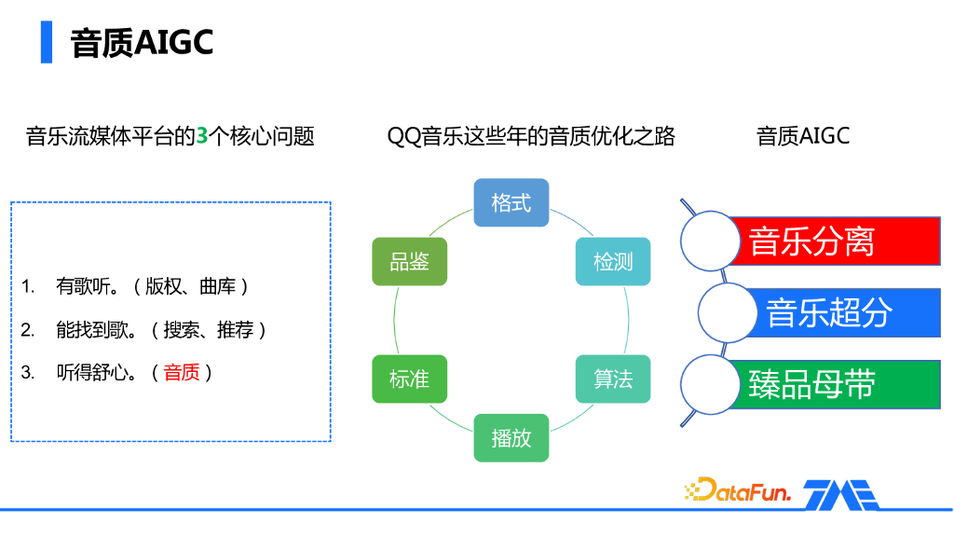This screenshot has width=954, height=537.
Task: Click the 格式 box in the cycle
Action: [x=511, y=202]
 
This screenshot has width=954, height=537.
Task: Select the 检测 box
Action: [x=613, y=262]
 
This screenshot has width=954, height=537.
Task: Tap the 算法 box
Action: [x=613, y=379]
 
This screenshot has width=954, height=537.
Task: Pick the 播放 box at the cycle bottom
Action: [x=511, y=438]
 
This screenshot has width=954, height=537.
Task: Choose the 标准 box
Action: [x=410, y=379]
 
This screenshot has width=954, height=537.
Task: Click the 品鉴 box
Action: [x=410, y=262]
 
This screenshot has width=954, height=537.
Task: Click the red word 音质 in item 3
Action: [x=182, y=372]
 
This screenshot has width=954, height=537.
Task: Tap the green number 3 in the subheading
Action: [x=202, y=136]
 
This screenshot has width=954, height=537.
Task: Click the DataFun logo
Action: [x=738, y=490]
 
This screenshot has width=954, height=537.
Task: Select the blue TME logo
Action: [x=841, y=494]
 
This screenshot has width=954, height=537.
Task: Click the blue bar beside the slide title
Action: [x=47, y=42]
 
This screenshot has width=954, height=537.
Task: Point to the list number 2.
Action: [x=27, y=329]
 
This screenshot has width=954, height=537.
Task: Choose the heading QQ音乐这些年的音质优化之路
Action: [x=531, y=136]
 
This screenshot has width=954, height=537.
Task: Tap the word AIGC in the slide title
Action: [x=173, y=43]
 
